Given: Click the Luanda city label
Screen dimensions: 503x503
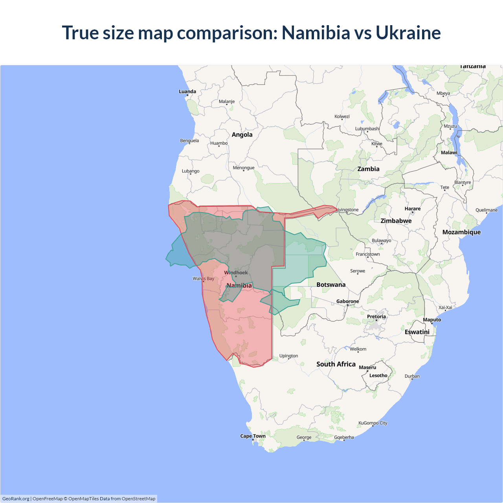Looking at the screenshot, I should click(187, 92).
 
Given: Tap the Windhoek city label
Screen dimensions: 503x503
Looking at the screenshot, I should click(236, 273).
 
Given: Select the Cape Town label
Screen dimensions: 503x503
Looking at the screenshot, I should click(253, 436).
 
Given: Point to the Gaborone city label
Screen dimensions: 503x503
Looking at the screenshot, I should click(347, 301).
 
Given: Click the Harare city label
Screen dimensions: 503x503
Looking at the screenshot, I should click(412, 209).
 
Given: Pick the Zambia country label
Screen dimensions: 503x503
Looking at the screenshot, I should click(368, 169).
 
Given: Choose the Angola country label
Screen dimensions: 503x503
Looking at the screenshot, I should click(242, 135).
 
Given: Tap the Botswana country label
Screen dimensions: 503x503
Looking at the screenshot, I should click(331, 285).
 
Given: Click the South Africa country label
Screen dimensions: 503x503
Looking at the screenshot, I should click(336, 364).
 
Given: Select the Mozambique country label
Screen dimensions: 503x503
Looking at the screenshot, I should click(461, 232).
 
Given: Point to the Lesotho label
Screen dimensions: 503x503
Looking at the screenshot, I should click(378, 376).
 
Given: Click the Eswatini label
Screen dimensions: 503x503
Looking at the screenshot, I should click(417, 332).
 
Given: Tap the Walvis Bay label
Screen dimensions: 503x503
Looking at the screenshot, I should click(204, 279).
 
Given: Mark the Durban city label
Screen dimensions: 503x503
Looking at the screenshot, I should click(412, 376).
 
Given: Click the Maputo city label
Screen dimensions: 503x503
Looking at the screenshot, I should click(432, 319).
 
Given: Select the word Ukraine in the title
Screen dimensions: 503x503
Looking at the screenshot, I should click(408, 33).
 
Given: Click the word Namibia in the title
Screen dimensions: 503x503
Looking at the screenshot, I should click(316, 33).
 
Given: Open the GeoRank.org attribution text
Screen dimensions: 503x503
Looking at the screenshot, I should click(16, 499).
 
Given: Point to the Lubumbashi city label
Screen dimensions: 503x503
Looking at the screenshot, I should click(367, 129).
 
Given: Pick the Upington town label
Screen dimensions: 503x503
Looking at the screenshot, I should click(288, 356).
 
